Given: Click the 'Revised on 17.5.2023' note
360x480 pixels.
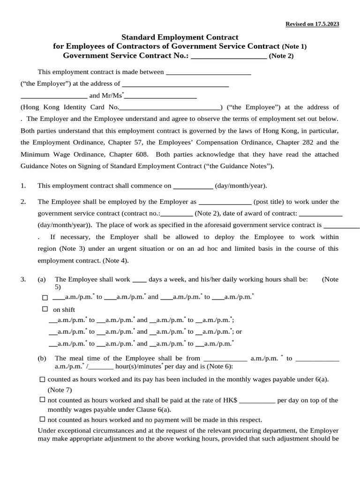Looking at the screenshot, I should point(312,24).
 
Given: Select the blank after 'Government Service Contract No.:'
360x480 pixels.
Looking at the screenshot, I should point(229,56).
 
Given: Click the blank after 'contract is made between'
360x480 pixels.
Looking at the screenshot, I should point(209,73).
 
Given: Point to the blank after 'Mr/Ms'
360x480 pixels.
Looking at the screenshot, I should point(160,96).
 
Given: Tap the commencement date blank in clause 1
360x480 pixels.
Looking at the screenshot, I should point(193,186).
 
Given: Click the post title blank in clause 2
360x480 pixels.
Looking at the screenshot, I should point(225,202).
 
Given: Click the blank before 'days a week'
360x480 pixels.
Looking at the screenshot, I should point(139,280).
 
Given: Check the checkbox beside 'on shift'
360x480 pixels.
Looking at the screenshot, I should point(45,309).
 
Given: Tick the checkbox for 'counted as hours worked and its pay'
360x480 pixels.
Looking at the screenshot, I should point(42,379).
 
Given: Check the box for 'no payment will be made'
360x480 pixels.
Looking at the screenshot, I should point(42,420).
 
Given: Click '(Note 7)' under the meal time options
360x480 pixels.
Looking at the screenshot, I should point(60,390).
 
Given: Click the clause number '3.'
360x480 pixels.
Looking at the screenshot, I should point(23,280).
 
